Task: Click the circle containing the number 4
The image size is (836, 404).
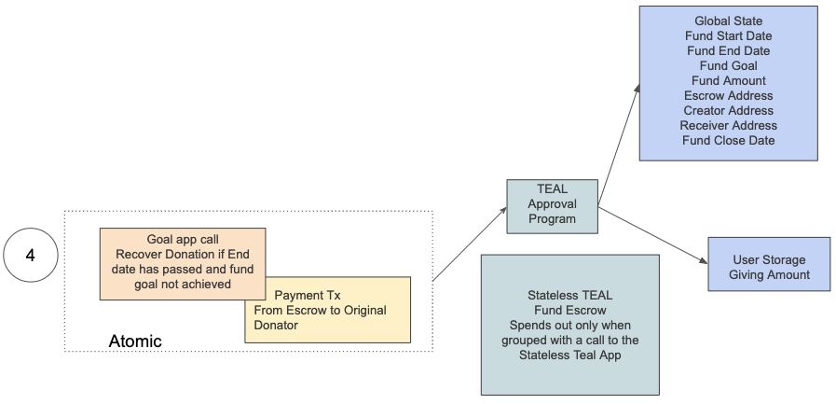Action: coord(30,253)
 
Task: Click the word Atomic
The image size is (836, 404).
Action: coord(135,341)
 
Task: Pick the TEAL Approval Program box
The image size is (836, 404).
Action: coord(552,204)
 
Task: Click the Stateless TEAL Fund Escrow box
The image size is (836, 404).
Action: coord(570,325)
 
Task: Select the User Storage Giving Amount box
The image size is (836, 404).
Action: coord(768,267)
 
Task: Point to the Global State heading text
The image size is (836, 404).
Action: coord(728,21)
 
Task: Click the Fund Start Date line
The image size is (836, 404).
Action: coord(728,35)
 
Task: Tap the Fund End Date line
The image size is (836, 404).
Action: coord(728,50)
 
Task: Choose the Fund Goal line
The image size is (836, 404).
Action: coord(728,65)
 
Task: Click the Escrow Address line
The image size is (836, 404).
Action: coord(728,95)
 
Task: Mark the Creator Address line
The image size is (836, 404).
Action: coord(728,110)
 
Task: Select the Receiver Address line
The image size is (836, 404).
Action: coord(728,125)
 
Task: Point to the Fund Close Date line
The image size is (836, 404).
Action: coord(728,140)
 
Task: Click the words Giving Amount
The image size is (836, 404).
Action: coord(769,274)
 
